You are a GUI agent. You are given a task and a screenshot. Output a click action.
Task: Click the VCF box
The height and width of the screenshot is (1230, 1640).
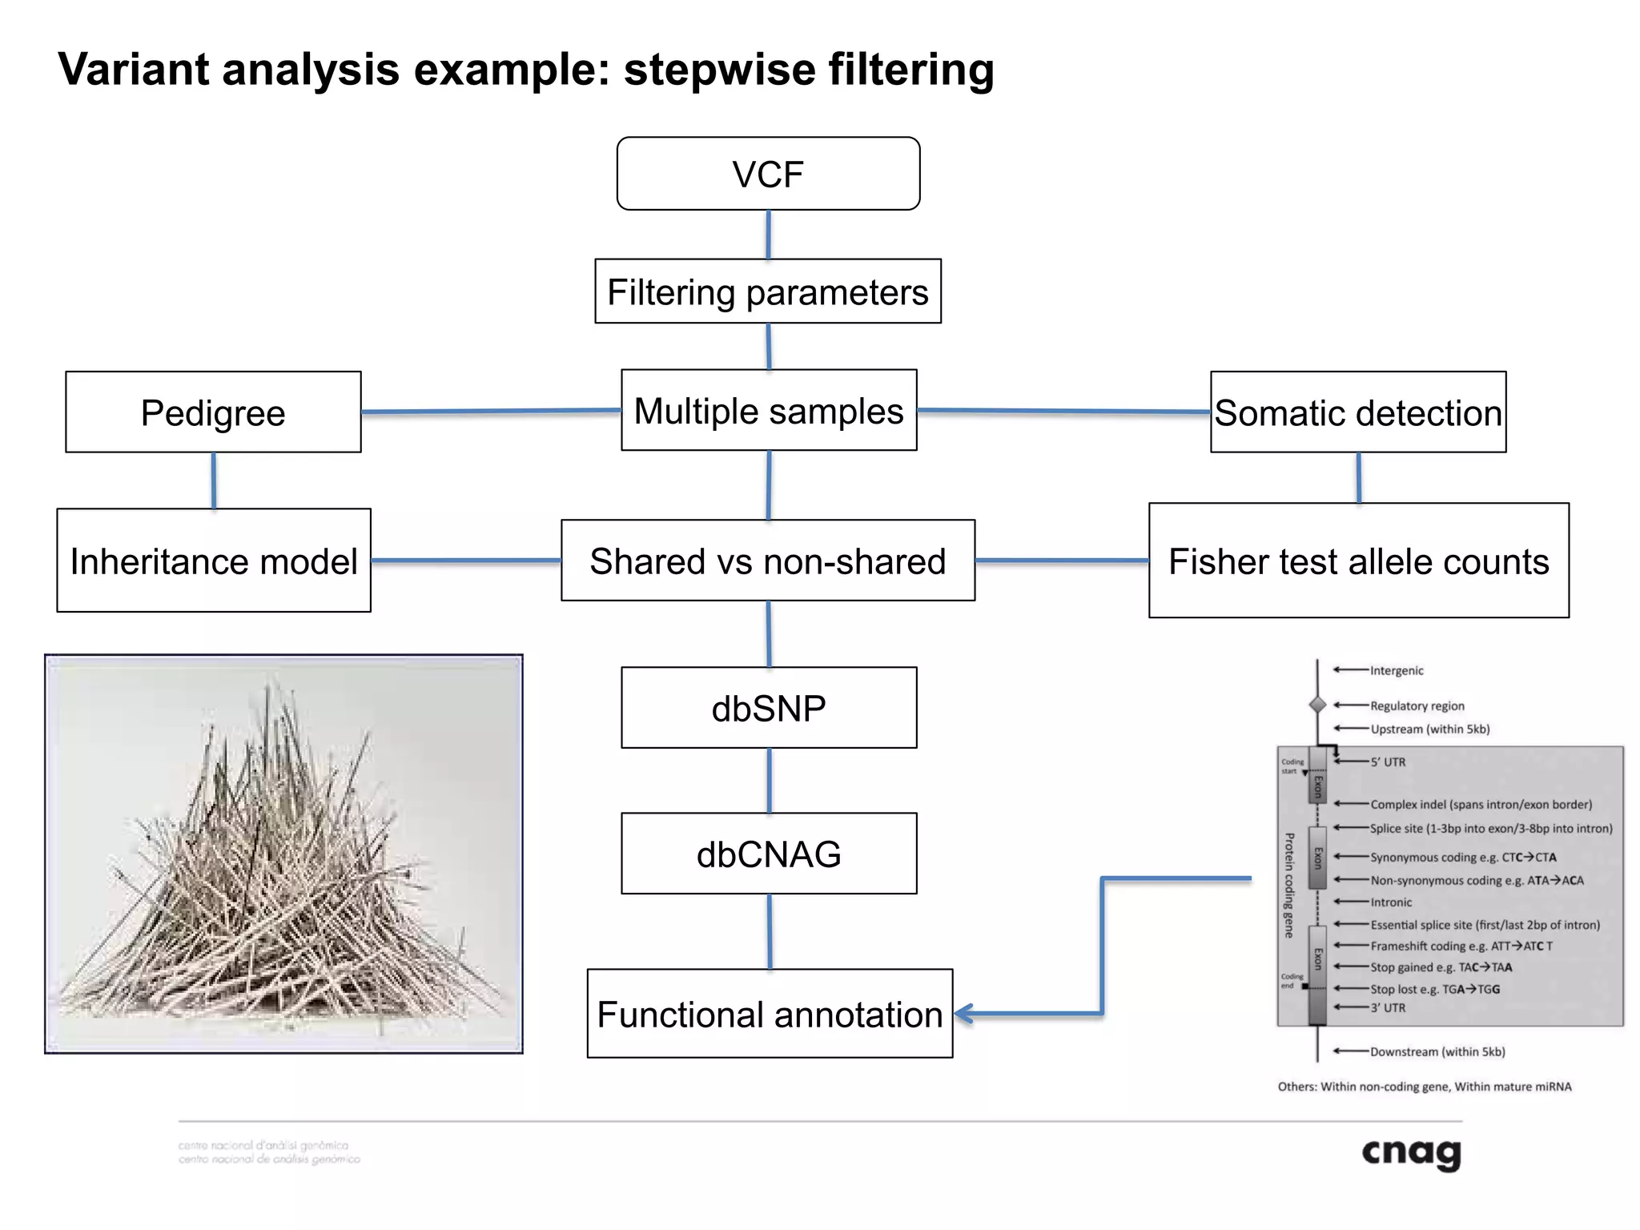pyautogui.click(x=768, y=174)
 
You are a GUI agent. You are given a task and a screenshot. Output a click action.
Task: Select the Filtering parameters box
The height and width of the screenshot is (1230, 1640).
pyautogui.click(x=768, y=291)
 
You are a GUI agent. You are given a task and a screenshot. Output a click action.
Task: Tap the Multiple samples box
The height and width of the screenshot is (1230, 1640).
pyautogui.click(x=769, y=410)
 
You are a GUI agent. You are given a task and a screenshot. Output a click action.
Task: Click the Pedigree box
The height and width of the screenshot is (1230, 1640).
pyautogui.click(x=213, y=412)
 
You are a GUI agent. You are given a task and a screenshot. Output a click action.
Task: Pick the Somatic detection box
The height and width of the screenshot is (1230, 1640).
pyautogui.click(x=1358, y=412)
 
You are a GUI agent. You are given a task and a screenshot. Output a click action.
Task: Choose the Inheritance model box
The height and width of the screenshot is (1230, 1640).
pyautogui.click(x=214, y=561)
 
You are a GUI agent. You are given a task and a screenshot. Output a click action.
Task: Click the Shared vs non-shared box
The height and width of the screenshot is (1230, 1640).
pyautogui.click(x=768, y=561)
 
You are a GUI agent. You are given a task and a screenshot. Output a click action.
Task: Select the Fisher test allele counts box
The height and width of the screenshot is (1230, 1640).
pyautogui.click(x=1358, y=561)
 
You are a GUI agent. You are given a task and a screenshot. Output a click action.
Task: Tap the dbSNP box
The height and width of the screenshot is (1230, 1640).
pyautogui.click(x=769, y=708)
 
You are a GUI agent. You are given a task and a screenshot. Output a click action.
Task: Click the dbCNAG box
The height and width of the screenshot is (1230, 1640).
pyautogui.click(x=769, y=854)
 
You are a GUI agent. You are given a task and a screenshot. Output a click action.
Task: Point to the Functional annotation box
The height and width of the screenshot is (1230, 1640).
pyautogui.click(x=770, y=1014)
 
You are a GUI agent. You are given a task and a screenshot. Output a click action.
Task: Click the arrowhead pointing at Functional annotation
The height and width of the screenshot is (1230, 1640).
pyautogui.click(x=963, y=1014)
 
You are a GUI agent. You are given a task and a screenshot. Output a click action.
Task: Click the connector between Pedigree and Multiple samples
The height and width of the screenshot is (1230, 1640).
pyautogui.click(x=490, y=411)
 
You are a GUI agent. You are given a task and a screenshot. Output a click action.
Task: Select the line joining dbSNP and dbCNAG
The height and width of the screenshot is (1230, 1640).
pyautogui.click(x=770, y=781)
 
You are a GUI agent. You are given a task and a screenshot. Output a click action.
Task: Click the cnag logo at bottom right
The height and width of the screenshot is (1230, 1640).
pyautogui.click(x=1411, y=1153)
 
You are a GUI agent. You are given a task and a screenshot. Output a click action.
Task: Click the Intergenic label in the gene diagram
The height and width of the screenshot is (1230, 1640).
pyautogui.click(x=1397, y=671)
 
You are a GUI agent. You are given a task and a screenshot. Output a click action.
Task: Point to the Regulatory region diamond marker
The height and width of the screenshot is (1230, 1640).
pyautogui.click(x=1317, y=705)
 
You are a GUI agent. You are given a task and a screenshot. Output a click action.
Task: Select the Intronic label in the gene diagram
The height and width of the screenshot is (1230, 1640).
pyautogui.click(x=1391, y=902)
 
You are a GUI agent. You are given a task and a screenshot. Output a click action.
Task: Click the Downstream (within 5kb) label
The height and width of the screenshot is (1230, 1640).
pyautogui.click(x=1437, y=1051)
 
